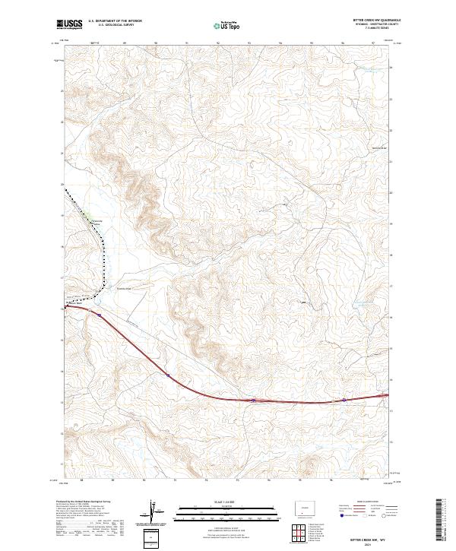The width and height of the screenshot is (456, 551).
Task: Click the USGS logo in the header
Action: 68,24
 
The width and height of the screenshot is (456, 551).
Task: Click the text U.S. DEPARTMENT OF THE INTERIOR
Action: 115,21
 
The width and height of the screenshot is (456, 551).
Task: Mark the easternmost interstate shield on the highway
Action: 344,400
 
